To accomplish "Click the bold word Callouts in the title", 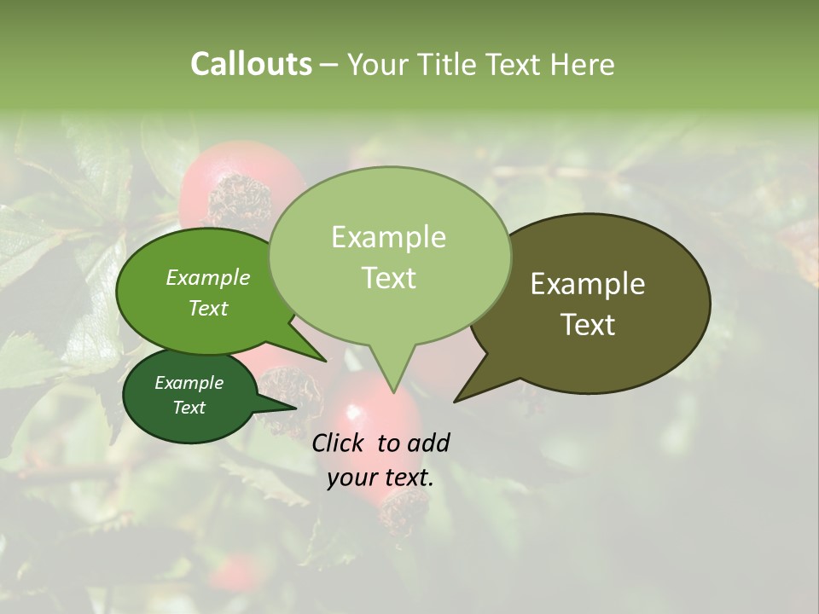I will coord(251,64).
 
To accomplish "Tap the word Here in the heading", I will coord(582,64).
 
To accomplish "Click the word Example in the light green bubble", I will coord(388,237).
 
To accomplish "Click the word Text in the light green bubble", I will coord(388,278).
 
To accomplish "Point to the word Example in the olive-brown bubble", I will coord(588,284).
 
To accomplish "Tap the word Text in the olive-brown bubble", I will coord(588,325).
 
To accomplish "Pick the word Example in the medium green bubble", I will coord(207,277).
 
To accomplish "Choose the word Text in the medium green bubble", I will coord(207,308).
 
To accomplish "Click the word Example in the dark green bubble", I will coord(189,383).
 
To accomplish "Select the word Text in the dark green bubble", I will coord(189,408).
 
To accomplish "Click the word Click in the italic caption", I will coord(339,443).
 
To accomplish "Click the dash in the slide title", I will coord(329,65).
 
